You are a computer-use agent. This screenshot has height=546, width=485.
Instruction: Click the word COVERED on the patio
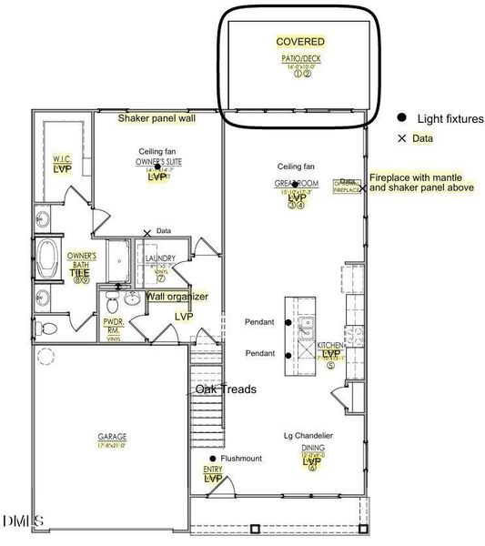(300, 42)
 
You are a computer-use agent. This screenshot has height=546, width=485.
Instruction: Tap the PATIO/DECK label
(300, 60)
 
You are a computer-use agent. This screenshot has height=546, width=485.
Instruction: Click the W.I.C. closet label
(61, 158)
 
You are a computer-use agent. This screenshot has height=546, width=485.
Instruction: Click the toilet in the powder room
(114, 299)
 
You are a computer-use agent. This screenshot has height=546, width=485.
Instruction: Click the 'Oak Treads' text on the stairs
(225, 389)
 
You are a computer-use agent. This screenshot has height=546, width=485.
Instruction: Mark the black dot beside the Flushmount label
(213, 459)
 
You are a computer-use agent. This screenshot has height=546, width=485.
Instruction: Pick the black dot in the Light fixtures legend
(401, 118)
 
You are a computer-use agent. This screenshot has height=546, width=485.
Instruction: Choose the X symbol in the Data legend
(401, 139)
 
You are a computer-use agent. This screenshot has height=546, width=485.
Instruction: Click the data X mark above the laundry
(147, 233)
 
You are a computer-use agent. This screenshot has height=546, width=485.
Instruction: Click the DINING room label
(313, 449)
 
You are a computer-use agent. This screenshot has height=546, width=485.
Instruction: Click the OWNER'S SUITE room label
(157, 161)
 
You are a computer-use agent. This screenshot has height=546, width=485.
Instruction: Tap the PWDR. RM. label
(114, 325)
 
